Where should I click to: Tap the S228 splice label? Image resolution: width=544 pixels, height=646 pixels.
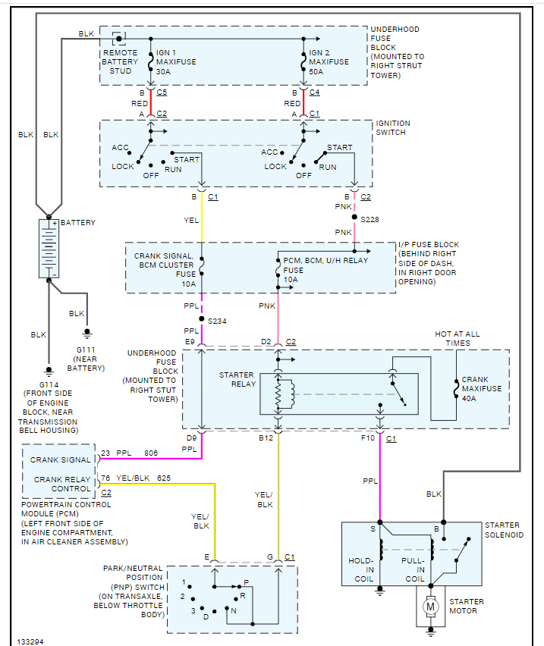tap(371, 219)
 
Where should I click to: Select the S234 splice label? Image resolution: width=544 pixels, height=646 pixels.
tap(218, 321)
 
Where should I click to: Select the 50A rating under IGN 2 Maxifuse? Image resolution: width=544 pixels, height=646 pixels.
tap(316, 71)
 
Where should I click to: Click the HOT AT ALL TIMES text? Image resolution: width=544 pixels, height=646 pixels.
tap(457, 338)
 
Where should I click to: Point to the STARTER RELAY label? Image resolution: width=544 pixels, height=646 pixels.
tap(236, 380)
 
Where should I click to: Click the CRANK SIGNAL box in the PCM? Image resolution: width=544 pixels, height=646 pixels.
tap(61, 459)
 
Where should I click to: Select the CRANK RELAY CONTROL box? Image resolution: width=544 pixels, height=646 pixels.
tap(61, 484)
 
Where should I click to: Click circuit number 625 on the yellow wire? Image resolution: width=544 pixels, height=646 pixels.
tap(164, 478)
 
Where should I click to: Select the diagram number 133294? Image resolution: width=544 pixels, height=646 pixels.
tap(31, 641)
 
